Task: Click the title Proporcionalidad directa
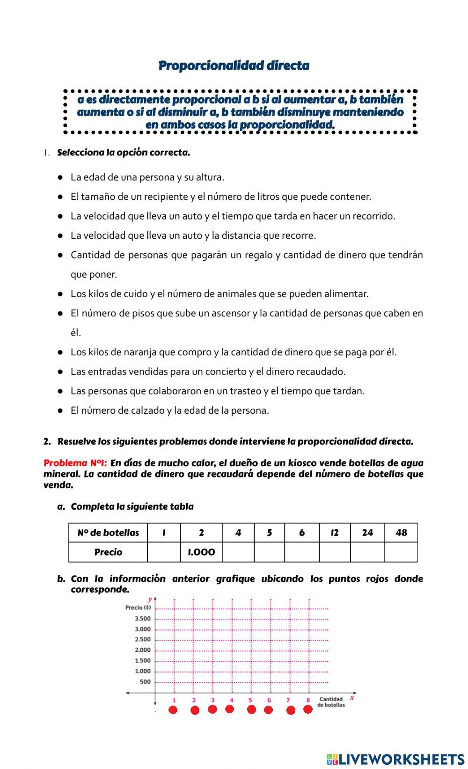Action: tap(234, 66)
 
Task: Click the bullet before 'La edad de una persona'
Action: tap(60, 177)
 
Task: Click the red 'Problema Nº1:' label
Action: tap(75, 463)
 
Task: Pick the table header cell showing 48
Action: tap(401, 533)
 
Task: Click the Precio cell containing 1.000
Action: tap(201, 552)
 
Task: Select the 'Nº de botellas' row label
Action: tap(108, 533)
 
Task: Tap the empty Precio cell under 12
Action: tap(335, 552)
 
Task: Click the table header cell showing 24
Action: tap(367, 533)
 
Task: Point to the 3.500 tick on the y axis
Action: tap(143, 619)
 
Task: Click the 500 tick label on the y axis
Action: tap(145, 682)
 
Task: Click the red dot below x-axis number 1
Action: tap(173, 710)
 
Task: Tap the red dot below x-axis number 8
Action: tap(308, 710)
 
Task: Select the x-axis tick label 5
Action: tap(250, 701)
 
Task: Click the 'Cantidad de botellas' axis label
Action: tap(331, 702)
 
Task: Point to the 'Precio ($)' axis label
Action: tap(138, 608)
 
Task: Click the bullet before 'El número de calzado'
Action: tap(60, 410)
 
